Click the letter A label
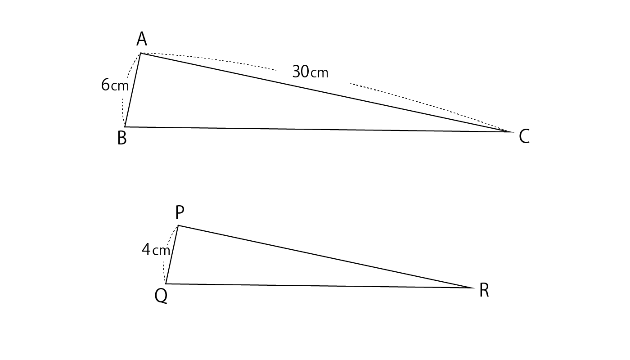(142, 39)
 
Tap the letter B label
(122, 138)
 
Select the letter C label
(524, 137)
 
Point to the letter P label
(180, 212)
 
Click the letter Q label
(161, 296)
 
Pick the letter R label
(484, 291)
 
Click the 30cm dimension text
(310, 72)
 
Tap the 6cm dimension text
(115, 85)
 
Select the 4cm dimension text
(156, 250)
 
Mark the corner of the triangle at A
(140, 53)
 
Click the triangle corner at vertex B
(125, 127)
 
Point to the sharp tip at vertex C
(513, 132)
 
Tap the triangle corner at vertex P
(178, 225)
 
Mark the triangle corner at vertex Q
(166, 284)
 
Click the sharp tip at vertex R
(474, 288)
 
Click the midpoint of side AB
(133, 90)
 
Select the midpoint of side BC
(319, 130)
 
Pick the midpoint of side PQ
(172, 255)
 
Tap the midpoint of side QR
(320, 286)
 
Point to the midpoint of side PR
(326, 256)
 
